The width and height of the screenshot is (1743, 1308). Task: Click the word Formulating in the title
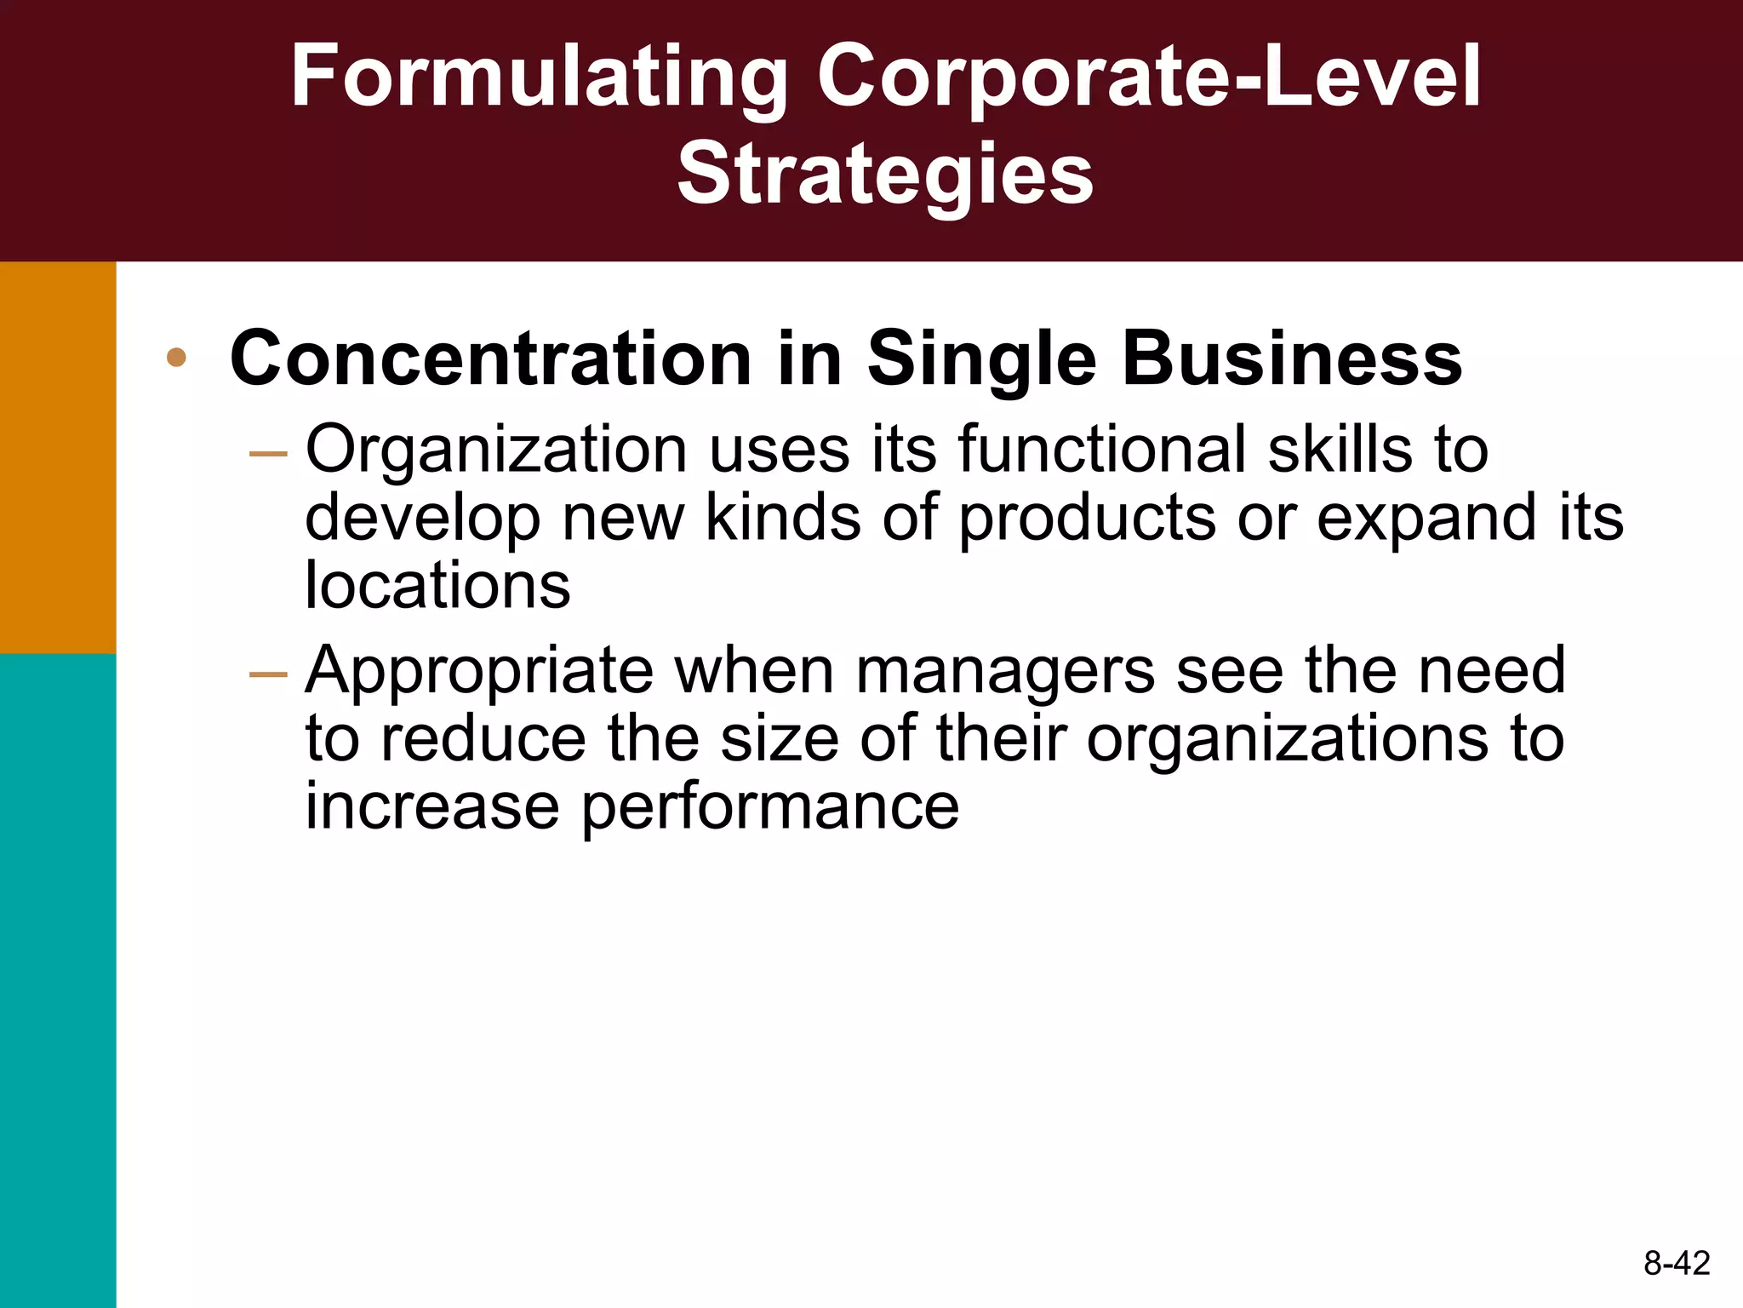point(540,78)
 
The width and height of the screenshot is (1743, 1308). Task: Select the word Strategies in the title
point(885,175)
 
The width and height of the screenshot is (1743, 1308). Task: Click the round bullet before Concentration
point(176,358)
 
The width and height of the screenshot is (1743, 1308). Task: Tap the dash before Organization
point(268,454)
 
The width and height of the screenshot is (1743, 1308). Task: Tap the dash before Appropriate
point(268,675)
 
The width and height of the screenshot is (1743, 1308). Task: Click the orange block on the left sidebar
point(58,457)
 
